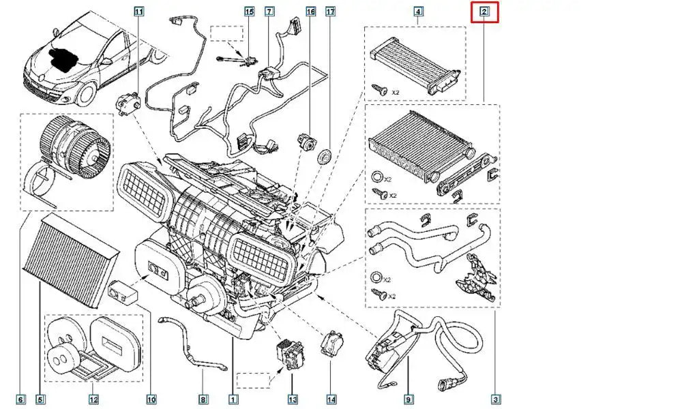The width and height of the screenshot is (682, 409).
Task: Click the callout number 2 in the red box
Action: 484,11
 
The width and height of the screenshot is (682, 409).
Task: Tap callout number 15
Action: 249,11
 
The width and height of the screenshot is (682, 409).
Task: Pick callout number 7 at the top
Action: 269,11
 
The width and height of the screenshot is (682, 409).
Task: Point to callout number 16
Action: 310,12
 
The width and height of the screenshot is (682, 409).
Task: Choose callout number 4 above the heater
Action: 418,11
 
